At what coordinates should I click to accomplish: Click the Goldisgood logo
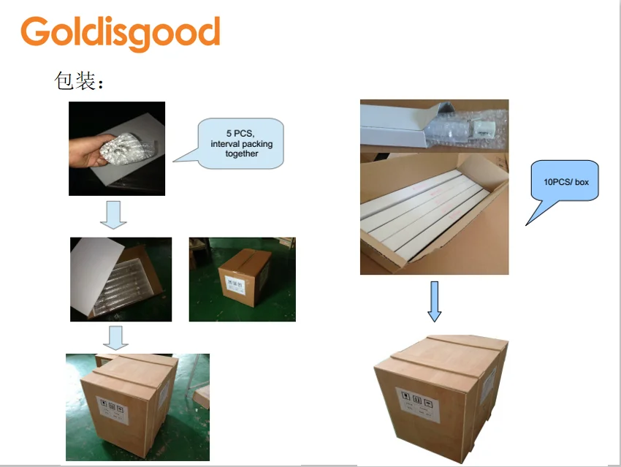[x=121, y=33]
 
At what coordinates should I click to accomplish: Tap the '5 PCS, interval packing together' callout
[x=241, y=143]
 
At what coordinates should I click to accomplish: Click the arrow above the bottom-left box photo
[x=115, y=337]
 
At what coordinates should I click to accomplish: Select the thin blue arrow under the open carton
[x=435, y=300]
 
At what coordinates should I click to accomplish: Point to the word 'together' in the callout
[x=241, y=153]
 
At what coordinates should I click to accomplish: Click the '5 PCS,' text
[x=240, y=134]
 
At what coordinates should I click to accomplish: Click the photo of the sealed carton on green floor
[x=242, y=279]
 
